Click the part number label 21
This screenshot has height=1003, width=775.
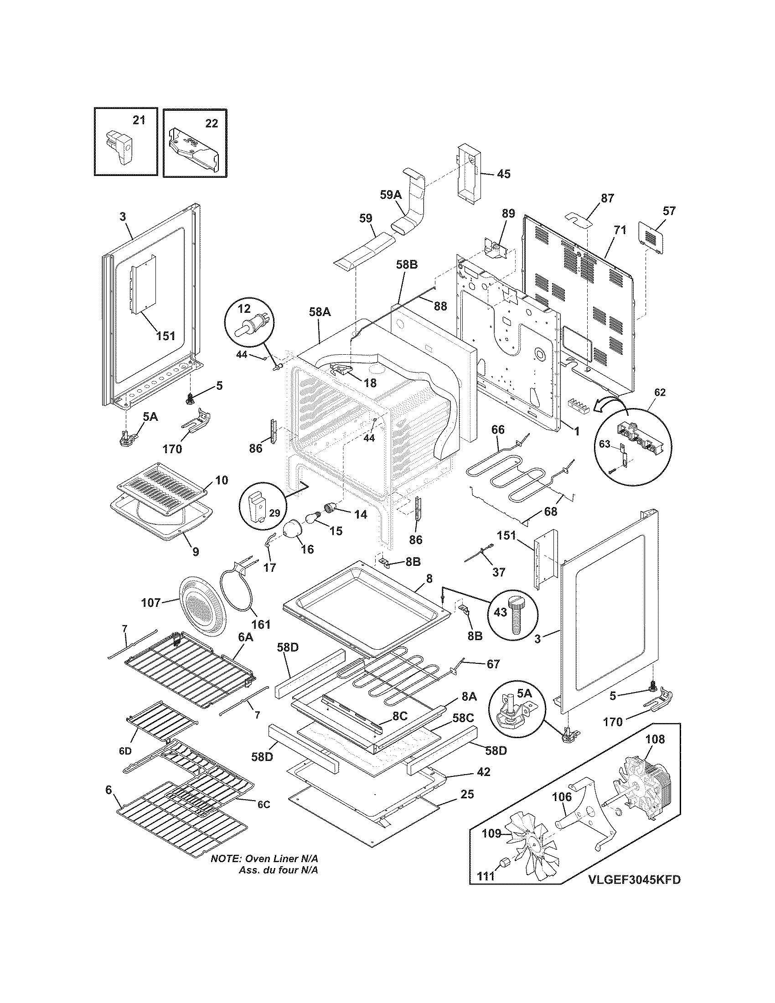(138, 120)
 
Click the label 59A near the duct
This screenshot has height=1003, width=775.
(391, 194)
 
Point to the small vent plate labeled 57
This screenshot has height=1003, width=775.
(651, 238)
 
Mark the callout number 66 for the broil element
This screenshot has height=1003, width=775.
(498, 429)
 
